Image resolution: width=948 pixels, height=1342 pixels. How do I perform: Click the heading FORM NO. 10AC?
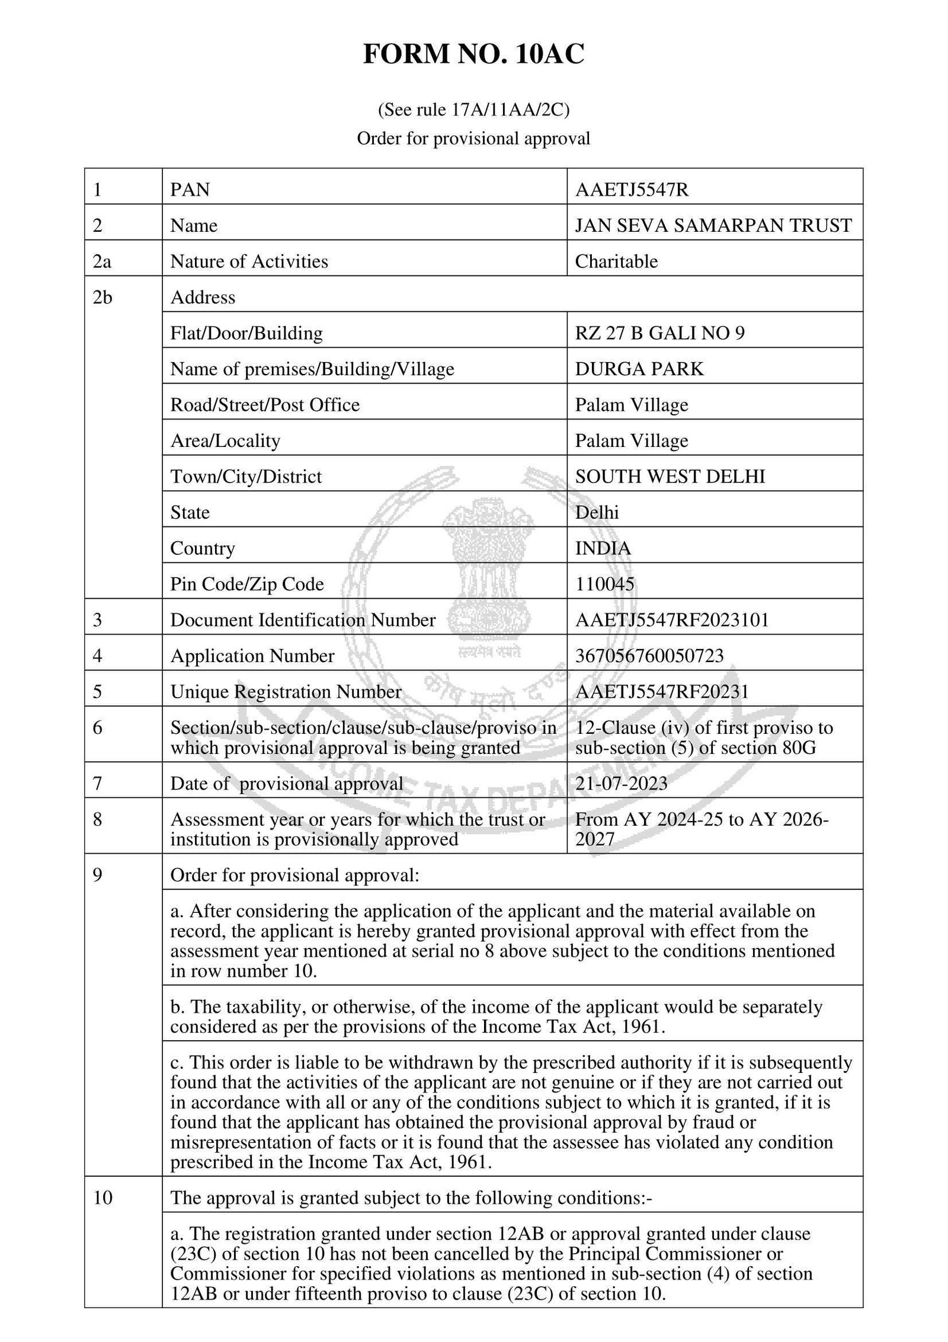click(473, 55)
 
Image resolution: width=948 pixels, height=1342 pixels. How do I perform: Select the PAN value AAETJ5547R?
click(632, 190)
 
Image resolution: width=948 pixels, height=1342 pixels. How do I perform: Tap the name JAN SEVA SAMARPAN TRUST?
click(713, 225)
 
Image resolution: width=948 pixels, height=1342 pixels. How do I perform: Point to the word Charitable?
click(616, 261)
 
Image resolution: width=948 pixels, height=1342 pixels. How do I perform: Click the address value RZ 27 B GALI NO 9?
click(659, 333)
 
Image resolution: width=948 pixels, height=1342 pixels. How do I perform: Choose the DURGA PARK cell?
click(639, 369)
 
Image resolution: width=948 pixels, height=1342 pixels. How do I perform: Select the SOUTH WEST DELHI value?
click(670, 477)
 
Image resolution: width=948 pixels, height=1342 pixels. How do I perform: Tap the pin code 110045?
click(604, 584)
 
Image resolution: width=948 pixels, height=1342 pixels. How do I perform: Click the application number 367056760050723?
click(649, 656)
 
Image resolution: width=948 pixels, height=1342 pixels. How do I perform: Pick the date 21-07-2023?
click(621, 784)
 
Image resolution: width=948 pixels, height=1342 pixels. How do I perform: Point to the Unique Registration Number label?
click(286, 692)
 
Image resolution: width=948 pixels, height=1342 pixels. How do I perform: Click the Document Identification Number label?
click(303, 620)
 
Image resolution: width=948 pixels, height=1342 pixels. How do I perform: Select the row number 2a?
click(102, 261)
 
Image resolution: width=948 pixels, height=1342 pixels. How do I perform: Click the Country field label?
click(203, 548)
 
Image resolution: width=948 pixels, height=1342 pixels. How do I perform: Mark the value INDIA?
click(603, 548)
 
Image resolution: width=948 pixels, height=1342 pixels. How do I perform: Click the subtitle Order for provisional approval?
click(473, 138)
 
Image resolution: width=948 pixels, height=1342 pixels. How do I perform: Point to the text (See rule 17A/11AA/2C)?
click(473, 110)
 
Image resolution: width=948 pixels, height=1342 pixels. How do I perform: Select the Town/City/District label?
click(246, 477)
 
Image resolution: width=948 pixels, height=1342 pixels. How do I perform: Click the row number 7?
click(98, 784)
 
